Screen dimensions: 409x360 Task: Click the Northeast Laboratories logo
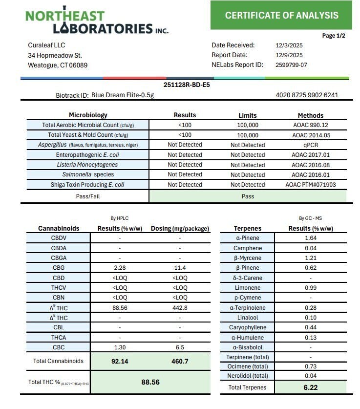(97, 22)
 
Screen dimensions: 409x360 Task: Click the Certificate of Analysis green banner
(281, 15)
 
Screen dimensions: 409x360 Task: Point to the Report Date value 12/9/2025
(289, 55)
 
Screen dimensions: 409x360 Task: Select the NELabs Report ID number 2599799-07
(291, 65)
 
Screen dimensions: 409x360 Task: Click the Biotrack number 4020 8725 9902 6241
(307, 95)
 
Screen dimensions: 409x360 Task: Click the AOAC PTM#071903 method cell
(310, 185)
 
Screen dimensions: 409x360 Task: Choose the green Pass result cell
(248, 196)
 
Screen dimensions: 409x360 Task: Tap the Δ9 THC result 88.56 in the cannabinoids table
(120, 308)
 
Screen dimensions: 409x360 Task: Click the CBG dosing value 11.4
(180, 268)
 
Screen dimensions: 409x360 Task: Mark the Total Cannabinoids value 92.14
(120, 362)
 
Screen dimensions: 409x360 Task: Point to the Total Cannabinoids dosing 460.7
(180, 362)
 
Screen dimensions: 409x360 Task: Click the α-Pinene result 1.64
(310, 238)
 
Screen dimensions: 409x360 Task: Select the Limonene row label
(247, 288)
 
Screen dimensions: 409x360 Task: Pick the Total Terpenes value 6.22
(310, 387)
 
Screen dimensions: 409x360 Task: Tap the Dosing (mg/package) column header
(180, 228)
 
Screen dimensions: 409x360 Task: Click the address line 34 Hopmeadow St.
(55, 55)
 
